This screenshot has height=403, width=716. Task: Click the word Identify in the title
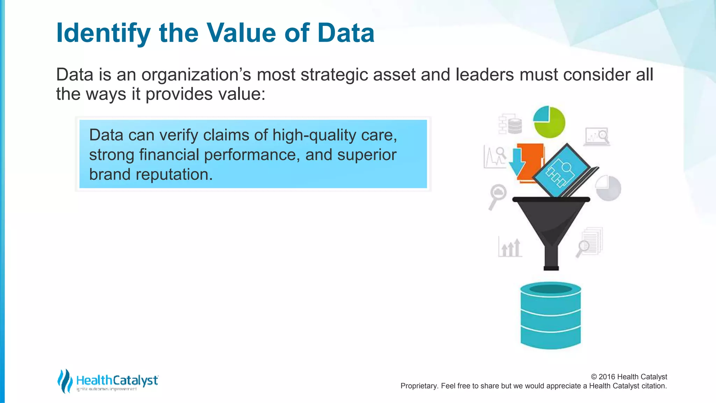[x=103, y=33]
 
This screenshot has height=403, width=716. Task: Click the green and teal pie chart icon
[x=549, y=122]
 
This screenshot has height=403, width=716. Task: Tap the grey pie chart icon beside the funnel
[x=608, y=188]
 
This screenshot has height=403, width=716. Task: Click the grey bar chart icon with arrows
[x=510, y=247]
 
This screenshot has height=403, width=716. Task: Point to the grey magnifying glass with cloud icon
[x=497, y=196]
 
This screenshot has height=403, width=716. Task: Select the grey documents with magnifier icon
[x=590, y=242]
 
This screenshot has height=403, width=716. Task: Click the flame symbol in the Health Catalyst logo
[x=64, y=381]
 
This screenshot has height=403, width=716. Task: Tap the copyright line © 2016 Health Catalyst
[x=629, y=377]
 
